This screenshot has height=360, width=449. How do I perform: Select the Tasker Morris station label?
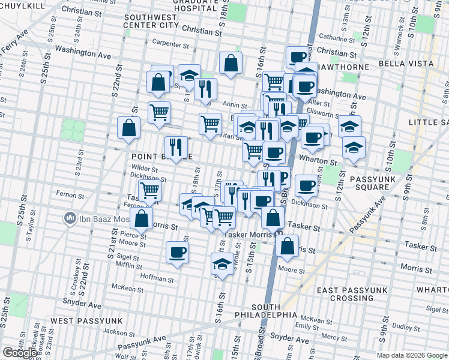(x=249, y=235)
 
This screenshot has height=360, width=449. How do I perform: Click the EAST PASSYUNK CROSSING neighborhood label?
(x=353, y=294)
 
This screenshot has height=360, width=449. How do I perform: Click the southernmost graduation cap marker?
(x=222, y=264)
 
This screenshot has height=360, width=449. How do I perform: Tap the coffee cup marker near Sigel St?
(x=177, y=252)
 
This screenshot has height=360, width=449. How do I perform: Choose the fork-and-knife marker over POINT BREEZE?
(x=176, y=148)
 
